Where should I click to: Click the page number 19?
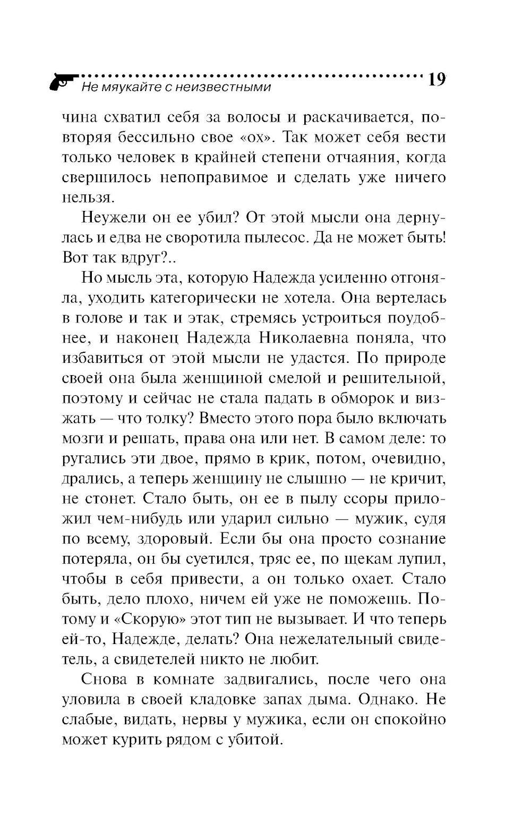coord(435,80)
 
